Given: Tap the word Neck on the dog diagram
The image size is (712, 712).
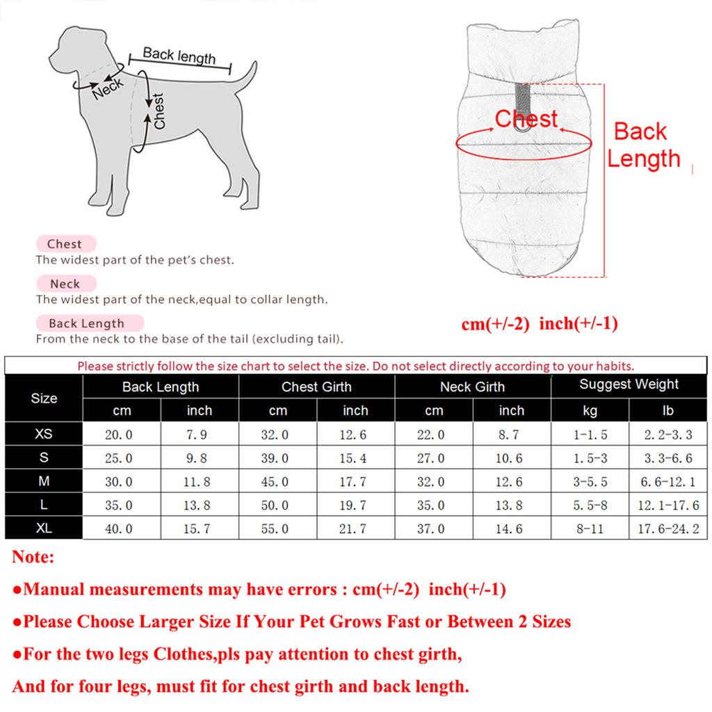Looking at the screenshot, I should [108, 88].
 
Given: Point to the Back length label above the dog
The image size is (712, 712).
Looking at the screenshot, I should [179, 56].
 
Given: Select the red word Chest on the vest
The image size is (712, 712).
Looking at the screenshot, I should [526, 120].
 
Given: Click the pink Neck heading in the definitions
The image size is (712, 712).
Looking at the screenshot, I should [65, 284].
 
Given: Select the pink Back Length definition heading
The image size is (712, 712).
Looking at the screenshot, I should [87, 323].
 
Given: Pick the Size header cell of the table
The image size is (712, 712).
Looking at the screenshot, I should [44, 398].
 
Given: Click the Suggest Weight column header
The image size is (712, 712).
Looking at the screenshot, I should [629, 385].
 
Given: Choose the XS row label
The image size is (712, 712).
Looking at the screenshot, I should [44, 434].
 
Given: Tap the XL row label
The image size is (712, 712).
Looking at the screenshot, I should [44, 528].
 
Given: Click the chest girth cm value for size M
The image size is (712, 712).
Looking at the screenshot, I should [277, 482].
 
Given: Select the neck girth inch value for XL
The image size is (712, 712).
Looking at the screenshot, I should [511, 528].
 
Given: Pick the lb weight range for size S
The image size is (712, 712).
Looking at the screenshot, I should [667, 458].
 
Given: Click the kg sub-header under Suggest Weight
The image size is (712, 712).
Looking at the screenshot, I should [590, 411].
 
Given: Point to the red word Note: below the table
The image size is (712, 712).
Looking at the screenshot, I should [33, 557].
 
